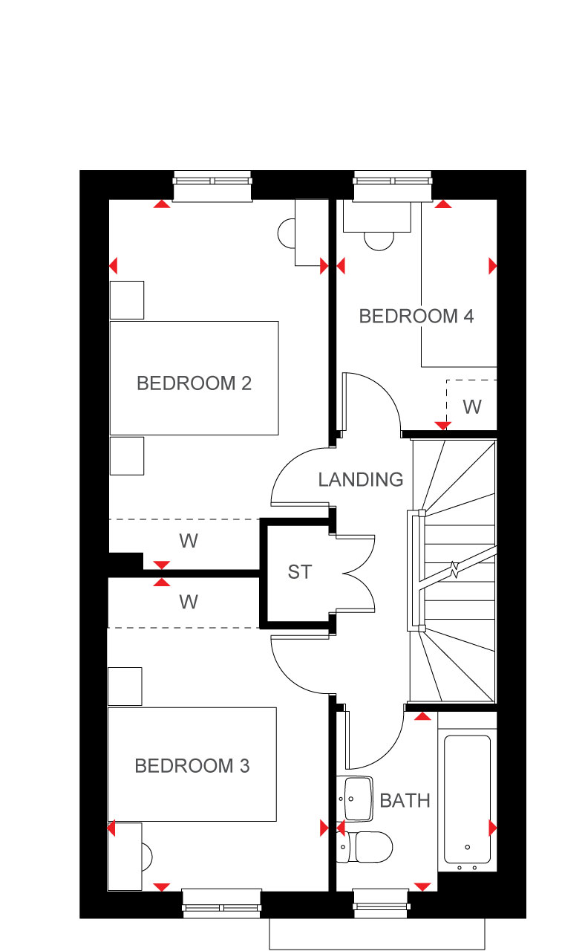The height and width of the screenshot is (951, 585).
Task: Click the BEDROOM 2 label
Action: [x=194, y=383]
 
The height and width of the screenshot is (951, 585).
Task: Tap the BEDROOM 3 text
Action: [x=192, y=765]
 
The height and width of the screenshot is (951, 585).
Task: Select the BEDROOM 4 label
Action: [x=416, y=317]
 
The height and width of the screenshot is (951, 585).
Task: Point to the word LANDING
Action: [x=361, y=479]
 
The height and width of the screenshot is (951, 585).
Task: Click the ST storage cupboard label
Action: [x=300, y=572]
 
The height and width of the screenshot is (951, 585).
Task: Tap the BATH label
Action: [x=405, y=800]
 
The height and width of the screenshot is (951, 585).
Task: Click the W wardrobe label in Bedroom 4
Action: [x=472, y=406]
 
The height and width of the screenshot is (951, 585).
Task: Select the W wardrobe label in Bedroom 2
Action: [x=189, y=540]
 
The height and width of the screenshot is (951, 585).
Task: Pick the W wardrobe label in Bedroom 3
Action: [x=189, y=602]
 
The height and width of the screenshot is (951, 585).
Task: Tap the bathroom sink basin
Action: [x=356, y=799]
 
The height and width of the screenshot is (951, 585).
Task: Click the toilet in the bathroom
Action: [x=365, y=846]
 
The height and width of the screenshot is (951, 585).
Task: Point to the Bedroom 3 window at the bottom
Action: [x=221, y=905]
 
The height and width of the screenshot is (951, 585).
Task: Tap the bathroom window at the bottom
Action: [x=381, y=905]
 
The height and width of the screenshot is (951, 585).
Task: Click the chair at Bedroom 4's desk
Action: [x=379, y=241]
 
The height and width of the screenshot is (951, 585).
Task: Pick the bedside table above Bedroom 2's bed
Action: [x=127, y=299]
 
